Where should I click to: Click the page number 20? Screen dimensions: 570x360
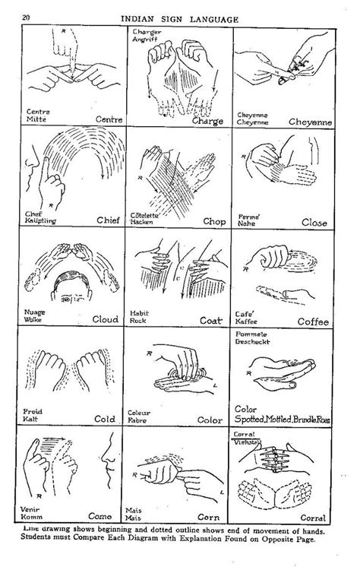pos(26,17)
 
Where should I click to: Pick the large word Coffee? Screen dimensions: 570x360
pos(312,321)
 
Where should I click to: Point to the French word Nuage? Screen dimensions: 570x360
pos(36,312)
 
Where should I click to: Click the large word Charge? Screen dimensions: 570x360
pos(207,122)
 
